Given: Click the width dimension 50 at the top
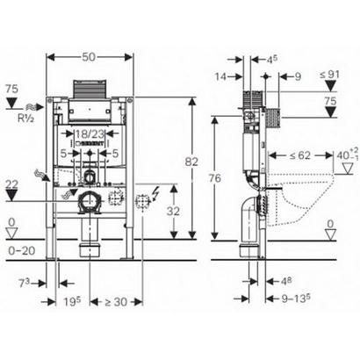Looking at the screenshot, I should click(x=90, y=56).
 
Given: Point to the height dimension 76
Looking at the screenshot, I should click(x=225, y=180).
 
